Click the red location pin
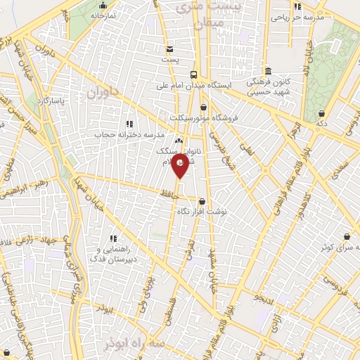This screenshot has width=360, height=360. [x=181, y=166]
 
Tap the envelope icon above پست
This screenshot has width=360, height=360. [x=170, y=49]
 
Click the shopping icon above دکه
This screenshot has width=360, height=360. [x=321, y=113]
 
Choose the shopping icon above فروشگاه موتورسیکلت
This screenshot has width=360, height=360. [x=204, y=107]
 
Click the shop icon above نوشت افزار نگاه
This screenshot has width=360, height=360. [x=202, y=201]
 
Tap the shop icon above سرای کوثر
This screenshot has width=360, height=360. [x=347, y=237]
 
